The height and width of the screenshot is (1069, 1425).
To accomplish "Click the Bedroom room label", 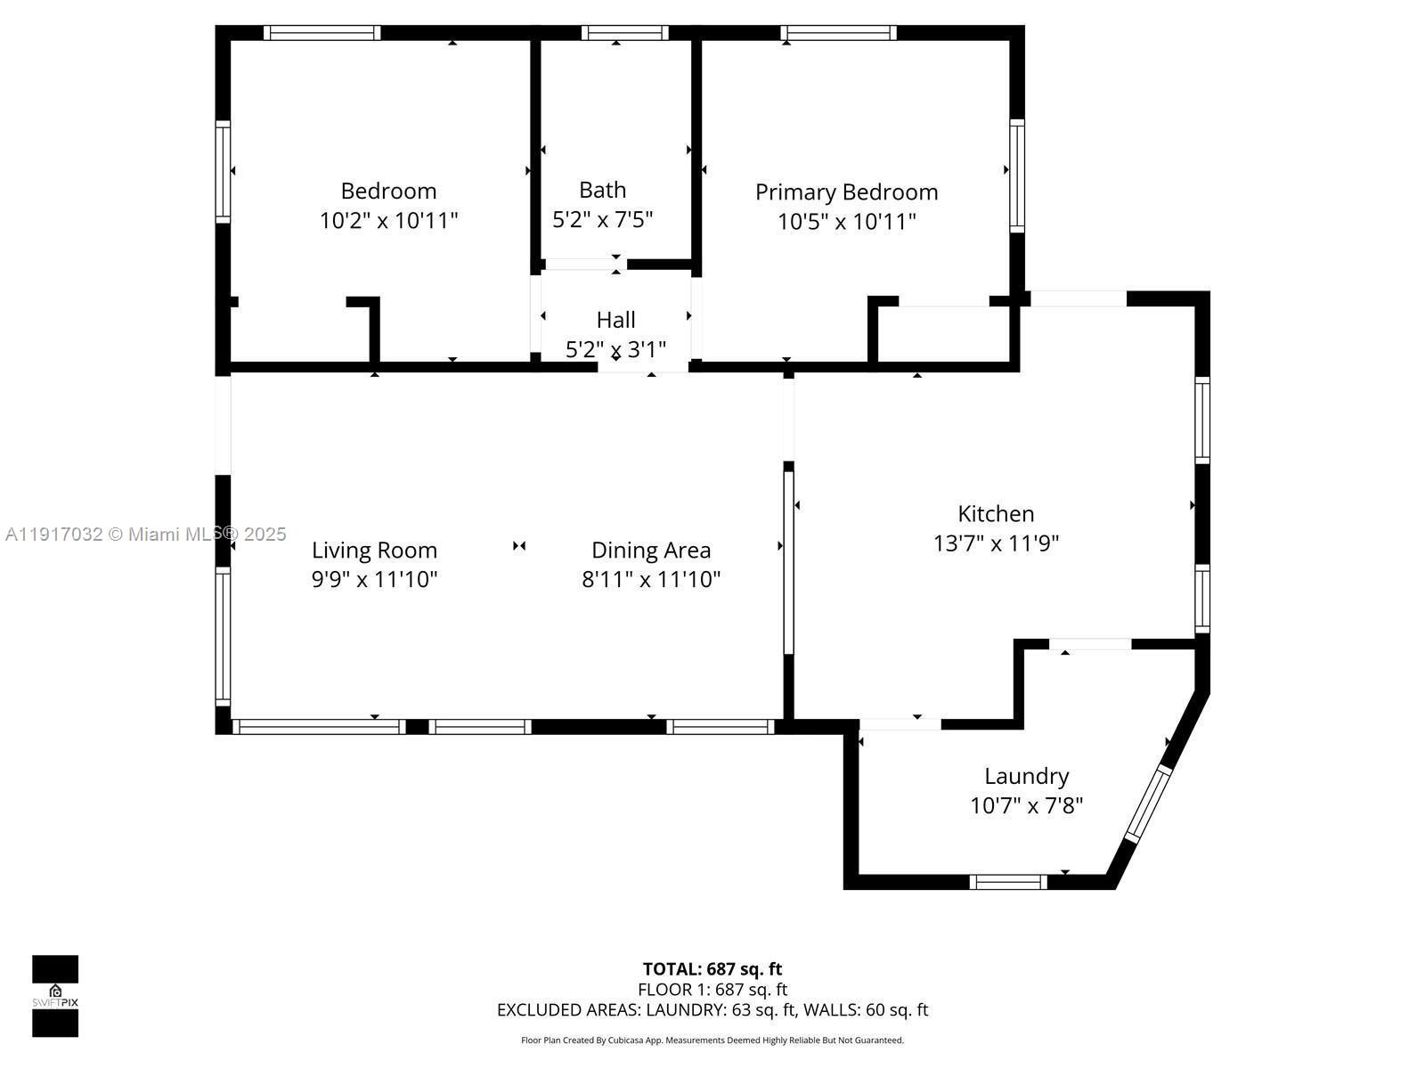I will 388,191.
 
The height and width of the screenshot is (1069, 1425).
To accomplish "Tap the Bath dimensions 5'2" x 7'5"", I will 603,219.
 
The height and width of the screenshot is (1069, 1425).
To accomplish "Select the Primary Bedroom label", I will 846,192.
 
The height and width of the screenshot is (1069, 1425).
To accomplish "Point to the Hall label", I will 615,320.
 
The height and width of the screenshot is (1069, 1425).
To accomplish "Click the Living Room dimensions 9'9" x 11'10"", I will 374,580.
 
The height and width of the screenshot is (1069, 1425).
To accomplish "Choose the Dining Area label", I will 651,551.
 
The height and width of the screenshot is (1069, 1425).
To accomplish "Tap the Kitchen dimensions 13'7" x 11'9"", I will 996,543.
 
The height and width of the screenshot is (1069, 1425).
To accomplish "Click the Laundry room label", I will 1026,776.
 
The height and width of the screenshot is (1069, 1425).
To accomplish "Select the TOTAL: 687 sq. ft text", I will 712,969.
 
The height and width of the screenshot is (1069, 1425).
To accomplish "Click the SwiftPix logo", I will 55,996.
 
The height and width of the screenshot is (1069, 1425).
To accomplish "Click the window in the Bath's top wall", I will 624,33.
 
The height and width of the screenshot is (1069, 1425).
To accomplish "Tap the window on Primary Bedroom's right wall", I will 1016,175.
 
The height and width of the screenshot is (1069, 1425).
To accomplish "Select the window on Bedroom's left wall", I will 223,171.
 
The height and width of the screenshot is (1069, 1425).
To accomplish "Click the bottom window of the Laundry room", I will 1008,882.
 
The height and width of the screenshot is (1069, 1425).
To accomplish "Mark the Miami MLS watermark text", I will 146,534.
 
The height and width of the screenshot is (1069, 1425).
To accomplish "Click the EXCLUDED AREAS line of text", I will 712,1010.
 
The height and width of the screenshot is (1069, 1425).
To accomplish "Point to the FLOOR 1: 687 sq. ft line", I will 712,990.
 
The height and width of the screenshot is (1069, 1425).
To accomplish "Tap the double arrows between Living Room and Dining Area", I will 519,546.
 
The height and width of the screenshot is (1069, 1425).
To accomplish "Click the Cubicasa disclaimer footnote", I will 712,1040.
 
